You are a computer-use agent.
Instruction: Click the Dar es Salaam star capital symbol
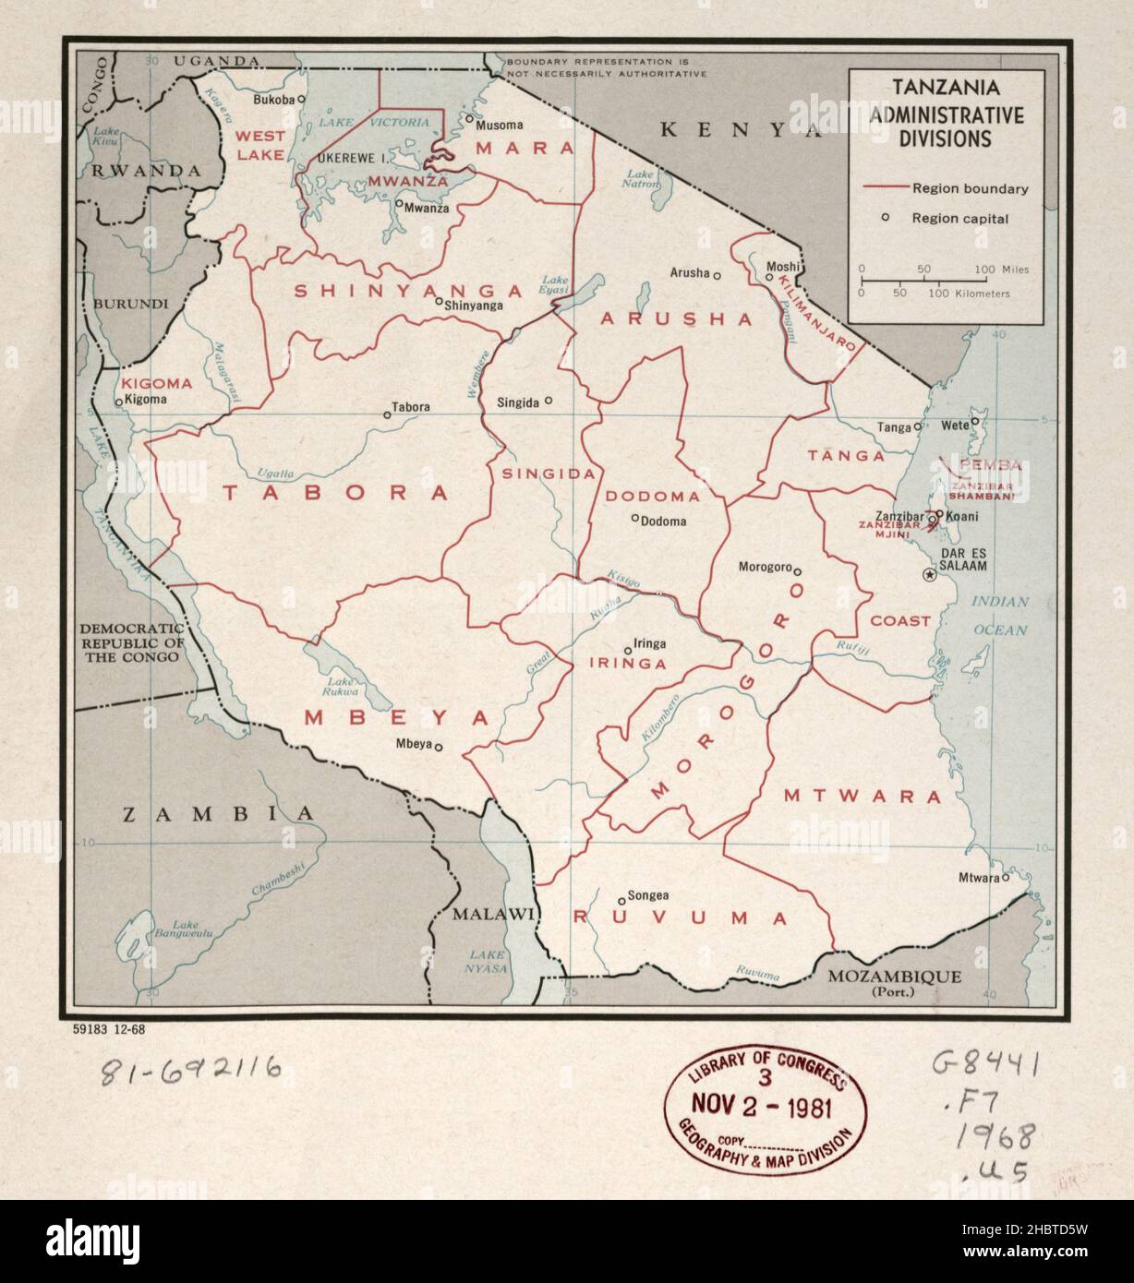930,575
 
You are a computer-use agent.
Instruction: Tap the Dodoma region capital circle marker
634,519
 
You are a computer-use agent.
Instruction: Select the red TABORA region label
335,493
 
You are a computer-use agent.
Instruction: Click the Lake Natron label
643,178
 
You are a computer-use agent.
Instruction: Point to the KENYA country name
740,130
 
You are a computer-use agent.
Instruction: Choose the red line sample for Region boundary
885,188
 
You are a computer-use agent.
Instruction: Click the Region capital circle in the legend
884,218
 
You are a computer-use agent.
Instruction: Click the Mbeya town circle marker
439,748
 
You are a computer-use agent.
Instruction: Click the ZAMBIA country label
219,814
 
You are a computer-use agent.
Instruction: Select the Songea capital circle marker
621,901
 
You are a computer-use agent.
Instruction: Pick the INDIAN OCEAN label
998,616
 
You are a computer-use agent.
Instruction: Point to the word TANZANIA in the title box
946,90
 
